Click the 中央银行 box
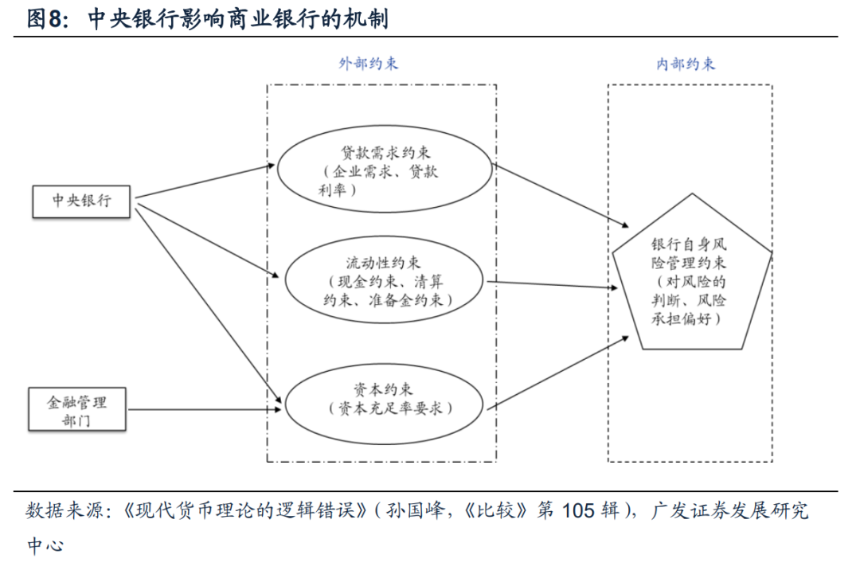pos(81,201)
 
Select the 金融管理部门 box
pos(77,409)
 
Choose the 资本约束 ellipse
pos(384,399)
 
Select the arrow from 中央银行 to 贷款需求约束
pos(203,182)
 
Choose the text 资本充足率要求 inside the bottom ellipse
pos(389,408)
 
